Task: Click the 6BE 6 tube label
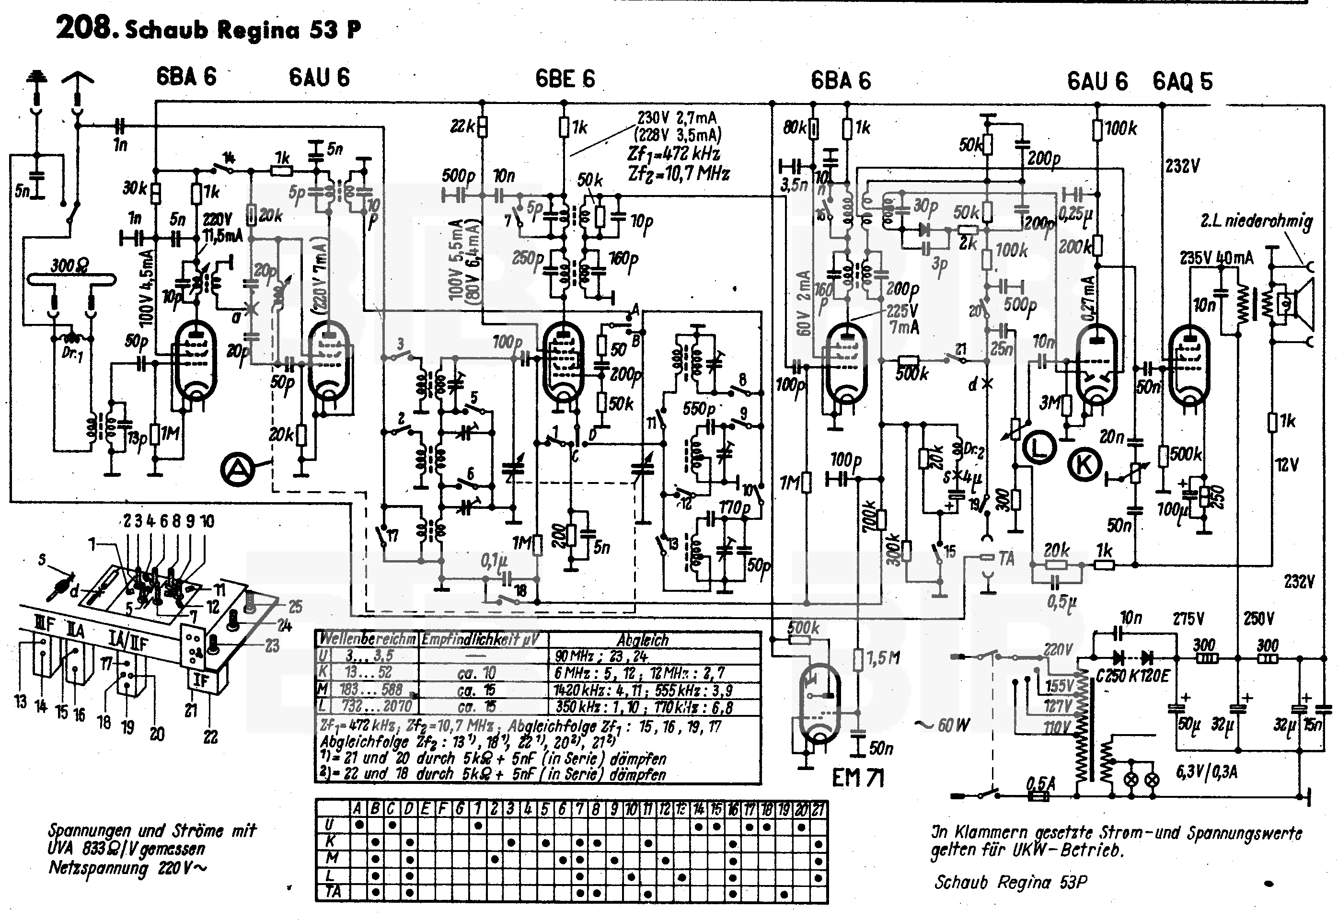click(x=565, y=79)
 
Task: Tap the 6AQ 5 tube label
click(x=1182, y=81)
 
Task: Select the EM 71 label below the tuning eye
click(x=858, y=778)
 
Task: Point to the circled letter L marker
click(x=1039, y=448)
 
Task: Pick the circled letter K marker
click(x=1085, y=465)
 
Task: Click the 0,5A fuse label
click(x=1040, y=784)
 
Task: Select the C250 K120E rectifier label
click(x=1132, y=676)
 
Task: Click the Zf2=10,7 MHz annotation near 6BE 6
click(x=679, y=173)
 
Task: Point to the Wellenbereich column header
click(x=368, y=639)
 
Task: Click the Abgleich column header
click(x=642, y=640)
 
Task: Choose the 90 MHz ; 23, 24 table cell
click(x=601, y=656)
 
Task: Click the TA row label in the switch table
click(x=333, y=892)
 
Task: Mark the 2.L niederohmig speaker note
click(x=1256, y=221)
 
